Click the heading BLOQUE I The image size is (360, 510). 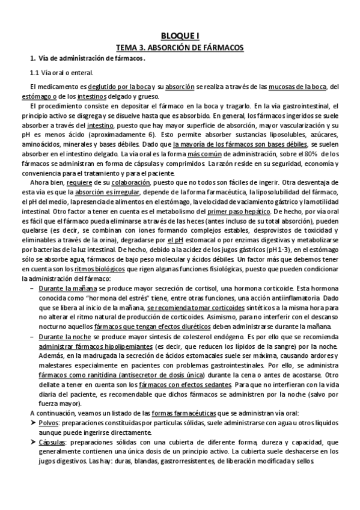click(180, 35)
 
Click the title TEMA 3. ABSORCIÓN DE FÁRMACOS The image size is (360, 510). click(180, 46)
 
